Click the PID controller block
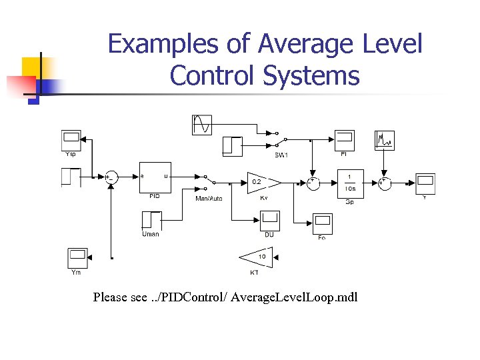tap(155, 177)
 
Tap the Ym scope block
tap(77, 257)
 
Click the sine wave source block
tap(202, 125)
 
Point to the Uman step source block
tap(151, 221)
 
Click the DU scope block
tap(269, 221)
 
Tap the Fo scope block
tap(322, 223)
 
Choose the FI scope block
tap(344, 140)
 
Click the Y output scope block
tap(425, 182)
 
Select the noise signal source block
tap(385, 140)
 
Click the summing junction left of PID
tap(111, 177)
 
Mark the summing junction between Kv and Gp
tap(313, 181)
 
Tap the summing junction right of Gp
tap(385, 181)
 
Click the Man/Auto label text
tap(209, 198)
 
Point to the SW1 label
tap(281, 155)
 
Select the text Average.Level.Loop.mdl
tap(306, 297)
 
